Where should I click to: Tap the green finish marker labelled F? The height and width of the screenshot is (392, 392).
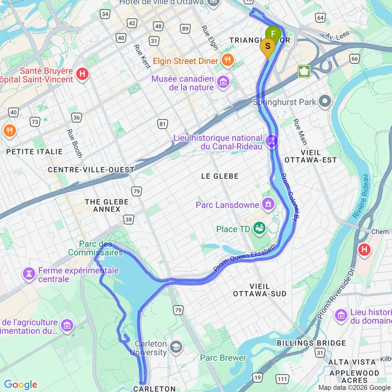(273, 35)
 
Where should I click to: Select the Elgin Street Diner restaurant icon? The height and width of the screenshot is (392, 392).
(227, 60)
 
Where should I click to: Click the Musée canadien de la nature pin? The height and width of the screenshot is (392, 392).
(223, 82)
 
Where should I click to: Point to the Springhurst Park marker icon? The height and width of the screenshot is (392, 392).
(326, 101)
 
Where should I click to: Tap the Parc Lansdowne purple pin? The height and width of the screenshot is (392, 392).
(268, 203)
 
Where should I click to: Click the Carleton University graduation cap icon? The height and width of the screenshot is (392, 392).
(176, 347)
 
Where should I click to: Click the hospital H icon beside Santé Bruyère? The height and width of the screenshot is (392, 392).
(82, 74)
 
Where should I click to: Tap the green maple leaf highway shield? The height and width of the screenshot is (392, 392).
(304, 71)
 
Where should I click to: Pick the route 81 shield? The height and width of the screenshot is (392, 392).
(163, 124)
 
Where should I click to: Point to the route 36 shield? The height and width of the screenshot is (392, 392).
(76, 117)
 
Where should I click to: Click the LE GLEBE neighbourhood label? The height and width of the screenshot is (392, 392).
(220, 177)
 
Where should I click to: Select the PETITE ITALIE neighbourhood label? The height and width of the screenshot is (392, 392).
(34, 152)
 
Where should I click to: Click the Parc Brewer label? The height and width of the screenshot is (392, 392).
(223, 358)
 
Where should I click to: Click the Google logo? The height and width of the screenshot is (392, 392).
(21, 385)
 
